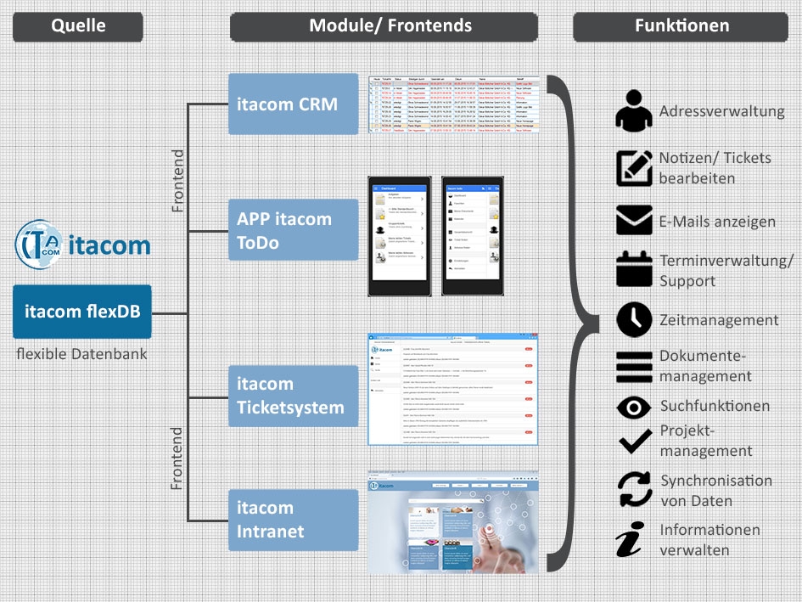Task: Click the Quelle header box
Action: [78, 26]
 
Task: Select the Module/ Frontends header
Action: [384, 26]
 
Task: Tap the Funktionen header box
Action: [681, 26]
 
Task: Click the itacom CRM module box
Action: [294, 104]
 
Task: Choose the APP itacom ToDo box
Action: [294, 230]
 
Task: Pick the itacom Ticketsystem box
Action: [294, 396]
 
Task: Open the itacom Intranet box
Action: [294, 520]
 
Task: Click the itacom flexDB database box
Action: [82, 312]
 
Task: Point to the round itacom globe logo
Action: [39, 245]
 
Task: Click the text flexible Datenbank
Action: [82, 353]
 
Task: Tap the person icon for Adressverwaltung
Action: [634, 111]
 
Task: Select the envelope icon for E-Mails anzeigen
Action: [634, 221]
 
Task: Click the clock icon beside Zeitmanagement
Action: [634, 320]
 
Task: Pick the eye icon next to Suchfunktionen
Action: [634, 407]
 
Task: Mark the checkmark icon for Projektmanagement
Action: [634, 441]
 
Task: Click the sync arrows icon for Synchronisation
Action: [634, 490]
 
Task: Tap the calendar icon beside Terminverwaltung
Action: [634, 270]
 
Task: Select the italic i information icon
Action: [630, 541]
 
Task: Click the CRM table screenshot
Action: [454, 104]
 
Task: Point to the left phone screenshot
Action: [398, 236]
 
